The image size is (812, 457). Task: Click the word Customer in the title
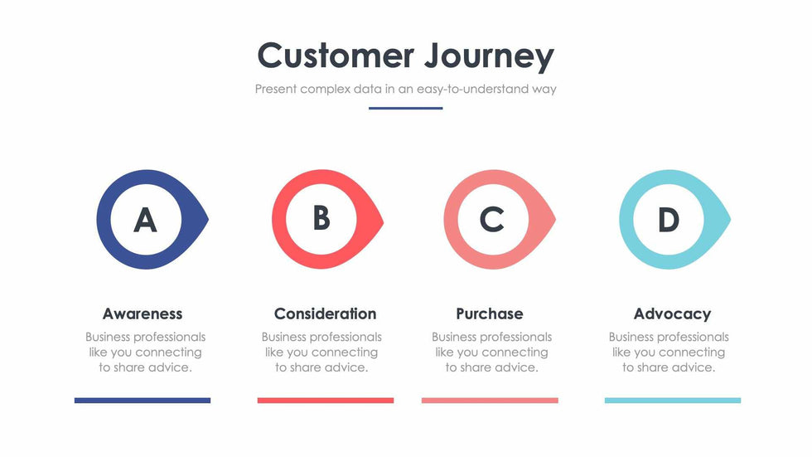336,55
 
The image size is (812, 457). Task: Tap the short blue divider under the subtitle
405,109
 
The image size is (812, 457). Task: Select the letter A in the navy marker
146,220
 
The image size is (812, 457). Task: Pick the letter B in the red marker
321,218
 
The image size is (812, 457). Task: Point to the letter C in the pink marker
492,220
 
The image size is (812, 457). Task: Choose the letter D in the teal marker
669,220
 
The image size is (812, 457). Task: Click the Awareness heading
143,314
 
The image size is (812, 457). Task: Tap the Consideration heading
325,314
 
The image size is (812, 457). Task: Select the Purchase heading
490,314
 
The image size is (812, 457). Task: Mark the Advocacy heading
672,314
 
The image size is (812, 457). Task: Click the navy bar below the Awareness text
143,401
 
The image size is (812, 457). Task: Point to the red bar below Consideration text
325,401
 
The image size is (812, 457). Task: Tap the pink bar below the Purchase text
490,401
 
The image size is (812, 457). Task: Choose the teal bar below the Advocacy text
673,401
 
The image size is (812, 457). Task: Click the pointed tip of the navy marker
208,219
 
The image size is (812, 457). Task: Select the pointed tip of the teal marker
730,219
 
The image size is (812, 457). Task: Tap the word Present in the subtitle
276,89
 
